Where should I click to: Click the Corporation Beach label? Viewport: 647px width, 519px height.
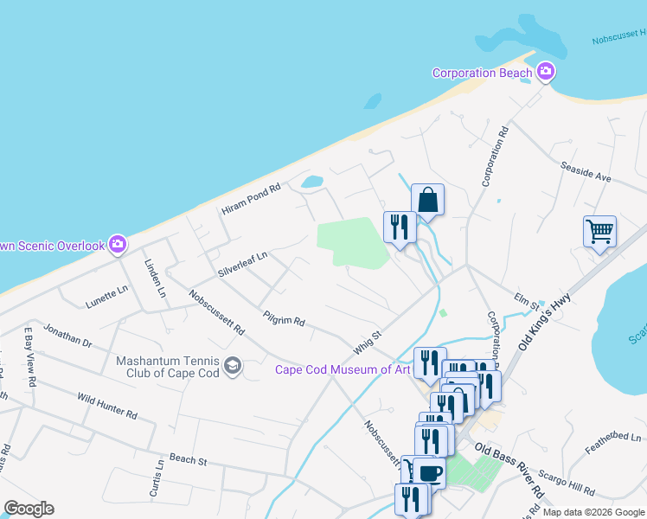point(482,73)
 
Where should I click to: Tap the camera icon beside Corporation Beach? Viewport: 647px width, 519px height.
point(546,73)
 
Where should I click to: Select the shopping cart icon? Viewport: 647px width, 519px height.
point(599,231)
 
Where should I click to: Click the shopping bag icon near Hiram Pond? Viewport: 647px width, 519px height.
point(427,200)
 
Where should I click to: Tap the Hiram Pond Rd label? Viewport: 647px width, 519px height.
point(252,199)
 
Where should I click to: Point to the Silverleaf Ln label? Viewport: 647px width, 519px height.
point(243,263)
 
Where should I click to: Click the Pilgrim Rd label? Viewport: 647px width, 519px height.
point(285,315)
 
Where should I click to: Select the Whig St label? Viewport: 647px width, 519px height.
point(367,341)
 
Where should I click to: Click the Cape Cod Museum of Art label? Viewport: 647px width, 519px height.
point(343,369)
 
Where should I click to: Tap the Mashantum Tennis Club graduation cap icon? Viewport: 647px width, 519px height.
point(232,367)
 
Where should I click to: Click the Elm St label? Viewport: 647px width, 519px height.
point(527,300)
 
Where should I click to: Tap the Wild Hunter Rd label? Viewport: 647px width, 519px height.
point(107,405)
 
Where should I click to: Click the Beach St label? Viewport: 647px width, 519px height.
point(189,458)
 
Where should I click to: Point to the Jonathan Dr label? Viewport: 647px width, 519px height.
point(67,336)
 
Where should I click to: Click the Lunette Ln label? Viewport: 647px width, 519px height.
point(106,298)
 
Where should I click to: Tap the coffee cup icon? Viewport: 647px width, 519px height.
point(429,473)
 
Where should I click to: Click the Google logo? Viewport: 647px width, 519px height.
point(29,509)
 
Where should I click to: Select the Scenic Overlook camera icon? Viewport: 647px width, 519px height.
point(119,246)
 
